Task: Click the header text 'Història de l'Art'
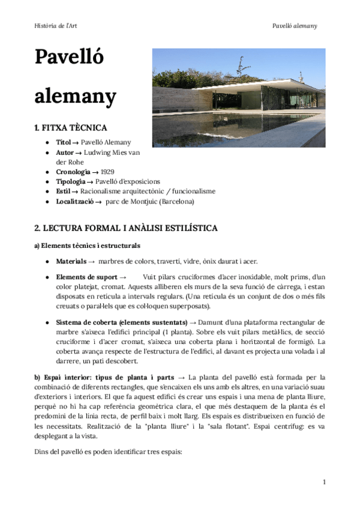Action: click(56, 26)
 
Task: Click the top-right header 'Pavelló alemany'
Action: click(294, 26)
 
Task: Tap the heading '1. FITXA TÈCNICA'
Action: click(71, 128)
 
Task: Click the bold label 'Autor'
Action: click(65, 152)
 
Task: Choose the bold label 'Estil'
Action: click(64, 191)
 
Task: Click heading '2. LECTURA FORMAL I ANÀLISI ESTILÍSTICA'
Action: click(126, 228)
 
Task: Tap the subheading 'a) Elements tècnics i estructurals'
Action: click(88, 245)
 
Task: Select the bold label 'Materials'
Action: click(71, 262)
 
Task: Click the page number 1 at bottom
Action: click(324, 482)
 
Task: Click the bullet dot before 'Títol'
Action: click(47, 143)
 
